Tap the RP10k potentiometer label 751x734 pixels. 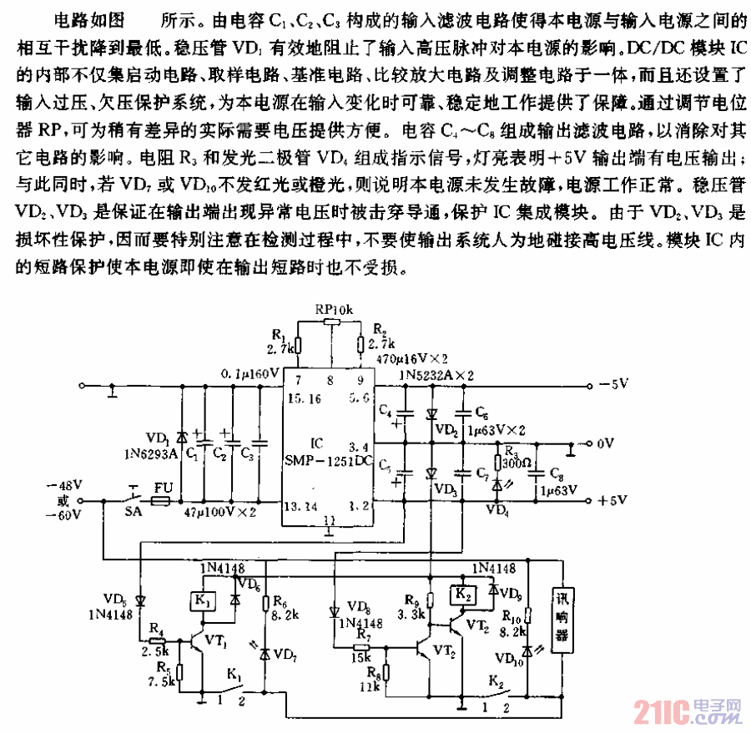click(334, 310)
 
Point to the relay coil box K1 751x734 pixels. click(203, 600)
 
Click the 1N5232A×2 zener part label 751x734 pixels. click(436, 376)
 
